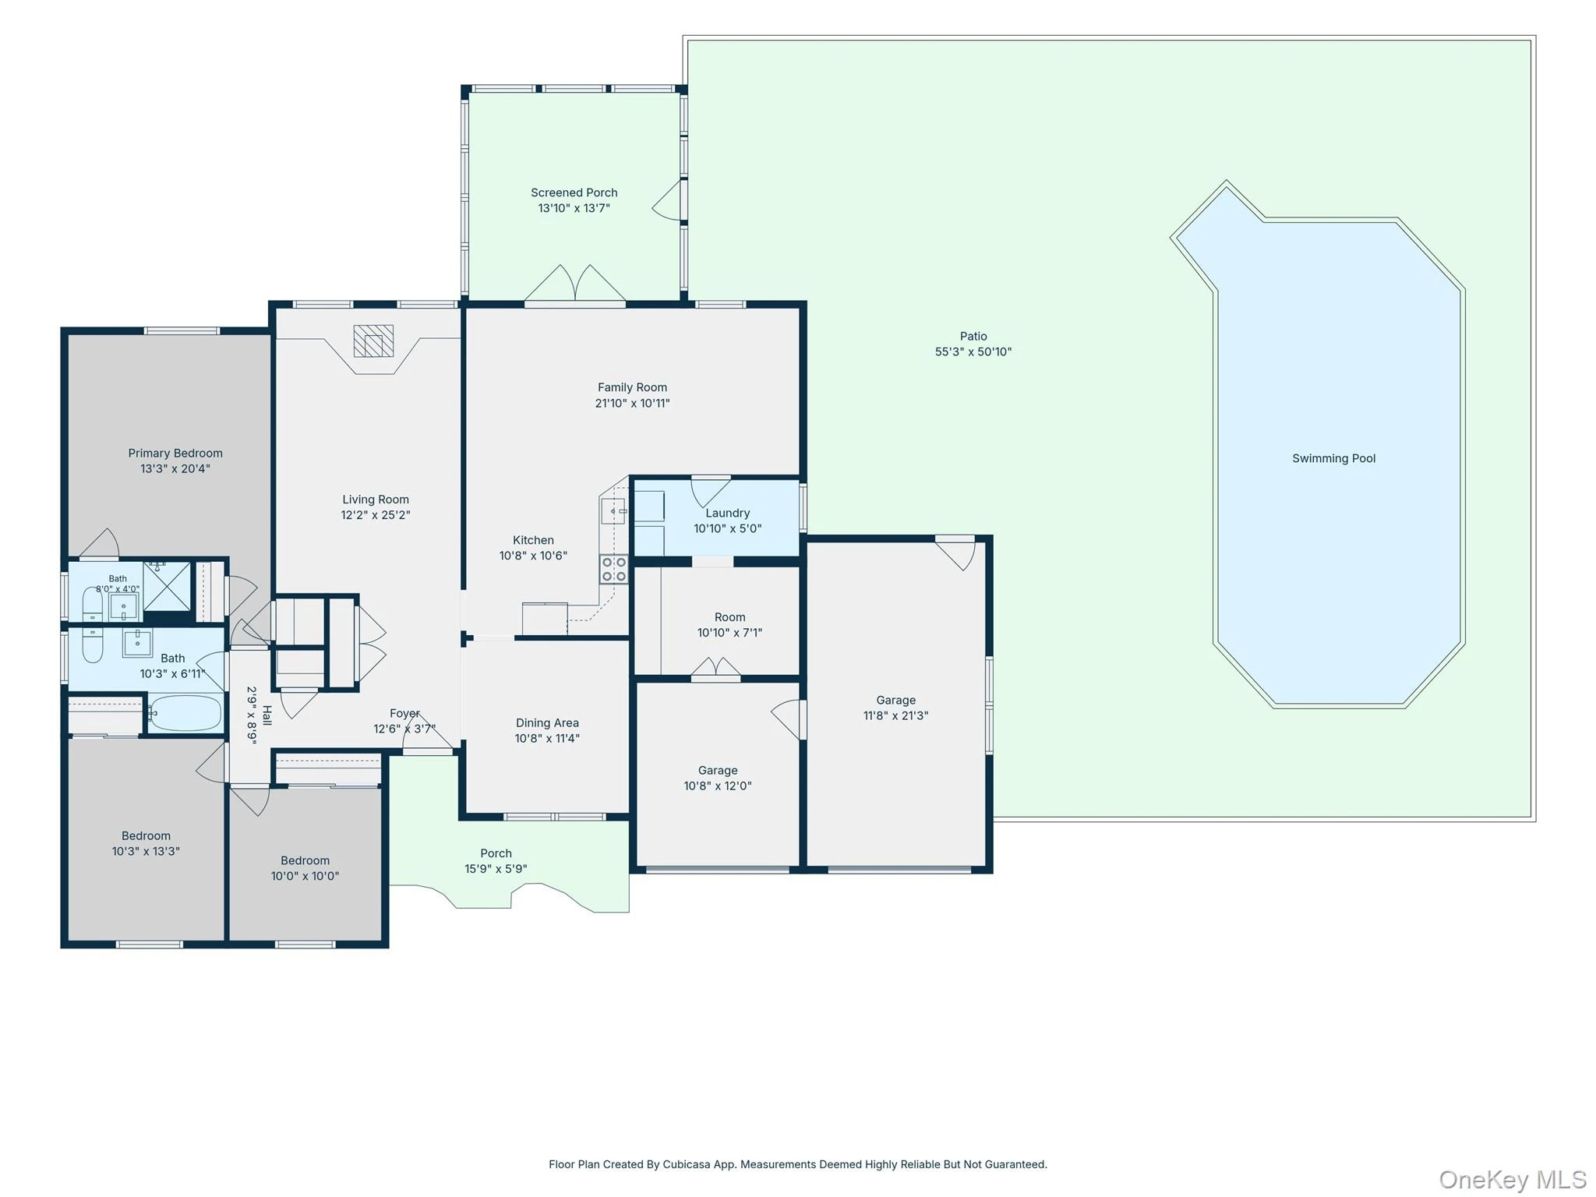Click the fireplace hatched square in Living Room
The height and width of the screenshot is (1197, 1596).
coord(373,341)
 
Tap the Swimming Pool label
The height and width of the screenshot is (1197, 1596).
coord(1333,458)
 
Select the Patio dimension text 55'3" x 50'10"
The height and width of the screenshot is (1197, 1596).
coord(973,351)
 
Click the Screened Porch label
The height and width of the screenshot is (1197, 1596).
coord(574,192)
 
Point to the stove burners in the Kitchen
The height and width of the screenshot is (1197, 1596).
coord(613,569)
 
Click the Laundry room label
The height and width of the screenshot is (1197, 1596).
coord(728,513)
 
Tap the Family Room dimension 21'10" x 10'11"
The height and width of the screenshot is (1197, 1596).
coord(632,403)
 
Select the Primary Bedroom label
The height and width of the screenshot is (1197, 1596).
coord(175,453)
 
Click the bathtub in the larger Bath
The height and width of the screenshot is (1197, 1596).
coord(185,713)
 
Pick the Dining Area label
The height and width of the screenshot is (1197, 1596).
coord(547,722)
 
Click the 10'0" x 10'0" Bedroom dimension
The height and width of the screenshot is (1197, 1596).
coord(305,876)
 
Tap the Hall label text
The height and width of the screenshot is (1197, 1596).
coord(267,715)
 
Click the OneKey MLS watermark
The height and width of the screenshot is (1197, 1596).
coord(1513,1179)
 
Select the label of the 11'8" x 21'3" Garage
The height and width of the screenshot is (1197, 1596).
coord(896,700)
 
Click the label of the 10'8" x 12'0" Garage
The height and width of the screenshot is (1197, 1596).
coord(718,770)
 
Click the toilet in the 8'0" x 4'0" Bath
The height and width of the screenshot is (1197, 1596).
coord(92,603)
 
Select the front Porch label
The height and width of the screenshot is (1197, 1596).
coord(496,853)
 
